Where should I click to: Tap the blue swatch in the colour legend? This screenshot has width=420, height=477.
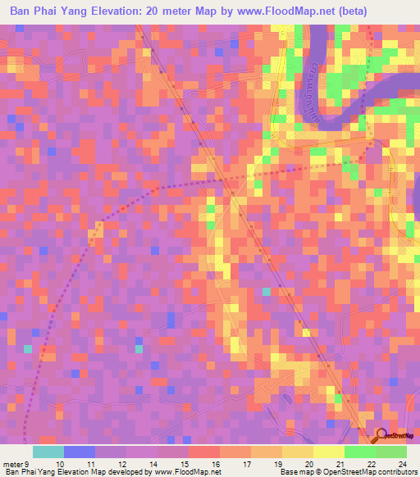click(x=79, y=452)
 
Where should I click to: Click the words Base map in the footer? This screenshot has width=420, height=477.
click(x=294, y=472)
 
